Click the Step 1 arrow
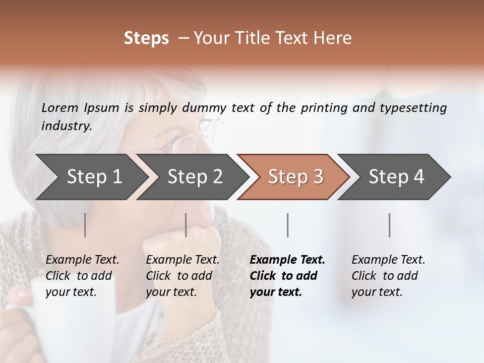pos(91,177)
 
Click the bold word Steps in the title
pos(146,38)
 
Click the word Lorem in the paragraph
pos(59,107)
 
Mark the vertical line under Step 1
pos(85,225)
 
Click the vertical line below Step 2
pos(186,225)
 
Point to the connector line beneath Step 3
pos(288,225)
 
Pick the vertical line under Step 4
pos(390,225)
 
